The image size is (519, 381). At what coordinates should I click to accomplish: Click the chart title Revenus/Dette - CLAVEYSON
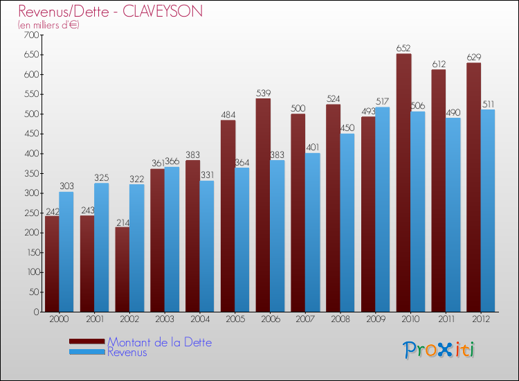tap(111, 12)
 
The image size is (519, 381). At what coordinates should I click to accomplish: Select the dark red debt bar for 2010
tap(403, 183)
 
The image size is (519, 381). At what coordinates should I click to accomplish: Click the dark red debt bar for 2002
tap(122, 269)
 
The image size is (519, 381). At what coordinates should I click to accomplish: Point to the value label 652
tap(403, 48)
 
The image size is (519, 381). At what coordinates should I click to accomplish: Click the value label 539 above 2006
tap(263, 93)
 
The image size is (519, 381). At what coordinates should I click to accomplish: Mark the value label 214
tap(122, 222)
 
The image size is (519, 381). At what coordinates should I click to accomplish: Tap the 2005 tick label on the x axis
tap(235, 319)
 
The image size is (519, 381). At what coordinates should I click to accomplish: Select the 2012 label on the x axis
tap(481, 319)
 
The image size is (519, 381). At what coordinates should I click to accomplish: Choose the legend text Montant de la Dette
tap(159, 342)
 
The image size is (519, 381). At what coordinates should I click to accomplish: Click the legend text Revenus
tap(127, 353)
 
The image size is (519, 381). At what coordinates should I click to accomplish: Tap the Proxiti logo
tap(439, 350)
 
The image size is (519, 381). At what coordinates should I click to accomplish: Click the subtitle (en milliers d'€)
tap(49, 25)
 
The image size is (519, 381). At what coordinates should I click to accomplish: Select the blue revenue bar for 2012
tap(488, 211)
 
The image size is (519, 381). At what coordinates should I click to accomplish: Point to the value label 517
tap(383, 102)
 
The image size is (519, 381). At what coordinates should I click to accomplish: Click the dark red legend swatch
tap(87, 342)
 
